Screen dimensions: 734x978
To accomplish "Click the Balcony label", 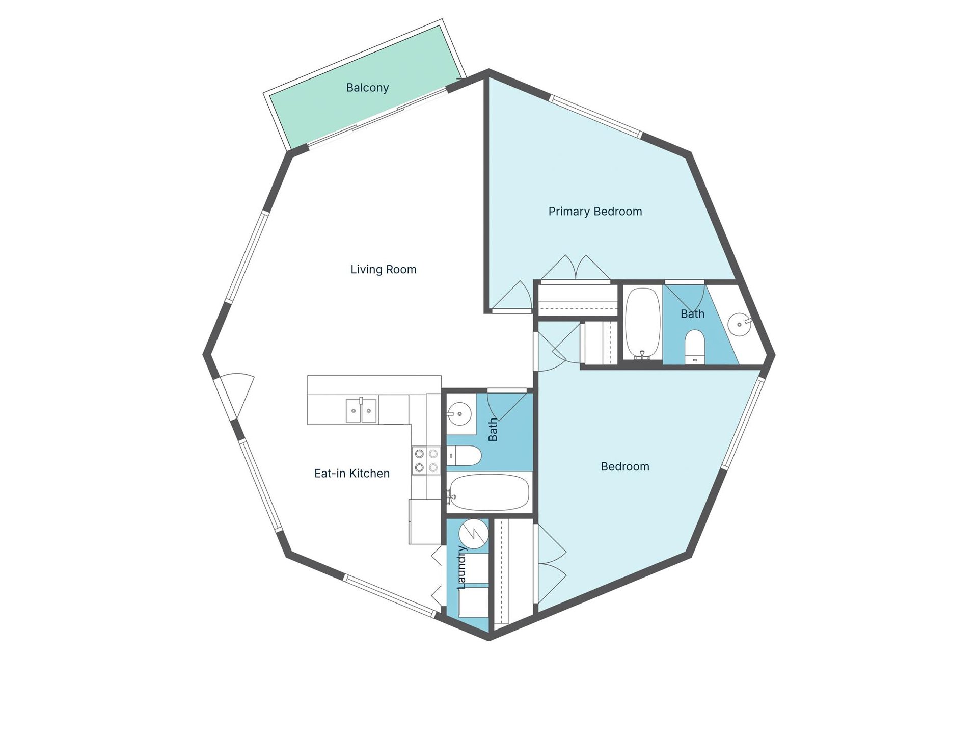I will tap(367, 88).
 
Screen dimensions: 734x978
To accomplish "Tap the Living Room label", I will tap(383, 269).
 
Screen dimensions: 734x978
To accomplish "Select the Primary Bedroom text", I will tap(595, 211).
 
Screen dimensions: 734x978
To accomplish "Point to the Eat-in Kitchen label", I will tap(351, 474).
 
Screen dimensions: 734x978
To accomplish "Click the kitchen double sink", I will tap(361, 410).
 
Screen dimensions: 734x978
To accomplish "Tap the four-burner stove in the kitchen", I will tap(426, 460).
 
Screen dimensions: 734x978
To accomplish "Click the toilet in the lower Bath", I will tap(465, 456).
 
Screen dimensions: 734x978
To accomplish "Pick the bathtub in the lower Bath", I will tap(490, 492).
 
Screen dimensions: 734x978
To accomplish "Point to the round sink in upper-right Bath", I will tap(739, 324).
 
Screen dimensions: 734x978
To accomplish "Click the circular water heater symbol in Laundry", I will tap(473, 534).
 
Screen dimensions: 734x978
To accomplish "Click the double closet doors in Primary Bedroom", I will tap(576, 269).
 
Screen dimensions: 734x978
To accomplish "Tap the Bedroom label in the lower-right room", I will tap(625, 466).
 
